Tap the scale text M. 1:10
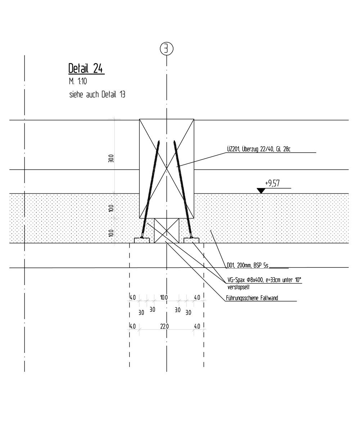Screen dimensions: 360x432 (78, 81)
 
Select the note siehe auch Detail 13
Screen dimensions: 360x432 (97, 95)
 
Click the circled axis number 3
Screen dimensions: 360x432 (167, 49)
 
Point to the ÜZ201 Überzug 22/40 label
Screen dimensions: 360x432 (258, 149)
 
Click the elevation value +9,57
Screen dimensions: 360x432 (272, 183)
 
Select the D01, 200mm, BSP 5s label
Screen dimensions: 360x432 (247, 265)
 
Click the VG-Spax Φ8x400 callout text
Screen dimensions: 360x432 (264, 280)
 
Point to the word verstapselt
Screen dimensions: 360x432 (238, 287)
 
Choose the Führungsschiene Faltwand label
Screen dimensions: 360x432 (252, 298)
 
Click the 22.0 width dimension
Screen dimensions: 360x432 (165, 327)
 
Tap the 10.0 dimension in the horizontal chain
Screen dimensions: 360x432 (164, 297)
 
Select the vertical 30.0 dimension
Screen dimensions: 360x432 (111, 158)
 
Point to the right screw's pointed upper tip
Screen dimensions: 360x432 (174, 141)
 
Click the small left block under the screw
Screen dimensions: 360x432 (142, 240)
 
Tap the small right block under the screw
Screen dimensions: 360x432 (192, 240)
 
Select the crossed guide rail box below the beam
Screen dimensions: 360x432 (167, 231)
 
